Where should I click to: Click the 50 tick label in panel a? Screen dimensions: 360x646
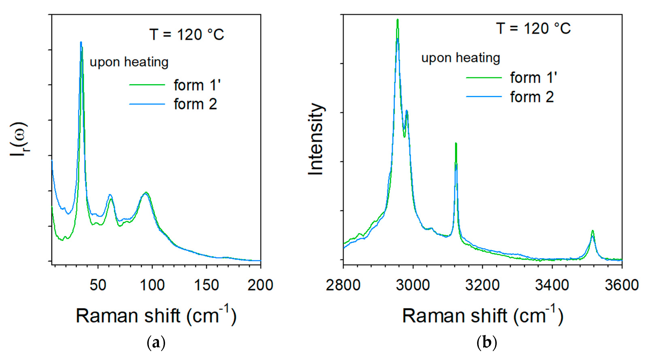click(98, 285)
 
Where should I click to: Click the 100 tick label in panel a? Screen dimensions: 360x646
click(152, 285)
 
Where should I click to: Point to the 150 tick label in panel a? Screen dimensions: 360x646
click(206, 285)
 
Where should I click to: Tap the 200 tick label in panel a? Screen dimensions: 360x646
click(260, 285)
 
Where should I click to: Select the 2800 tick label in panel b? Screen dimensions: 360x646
click(343, 285)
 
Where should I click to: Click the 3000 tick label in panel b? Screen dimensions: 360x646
click(413, 285)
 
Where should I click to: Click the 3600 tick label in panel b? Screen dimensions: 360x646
click(621, 285)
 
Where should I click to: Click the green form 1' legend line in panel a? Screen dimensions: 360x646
click(147, 85)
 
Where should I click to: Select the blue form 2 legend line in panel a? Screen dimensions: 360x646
click(147, 104)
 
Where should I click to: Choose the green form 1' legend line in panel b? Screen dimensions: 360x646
click(484, 78)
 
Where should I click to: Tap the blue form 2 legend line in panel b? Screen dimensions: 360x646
click(484, 97)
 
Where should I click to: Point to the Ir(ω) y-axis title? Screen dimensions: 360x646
click(19, 139)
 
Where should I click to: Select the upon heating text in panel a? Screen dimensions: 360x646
click(129, 62)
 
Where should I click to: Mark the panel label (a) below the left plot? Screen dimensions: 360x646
click(156, 343)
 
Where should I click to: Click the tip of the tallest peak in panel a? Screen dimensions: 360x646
click(81, 42)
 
